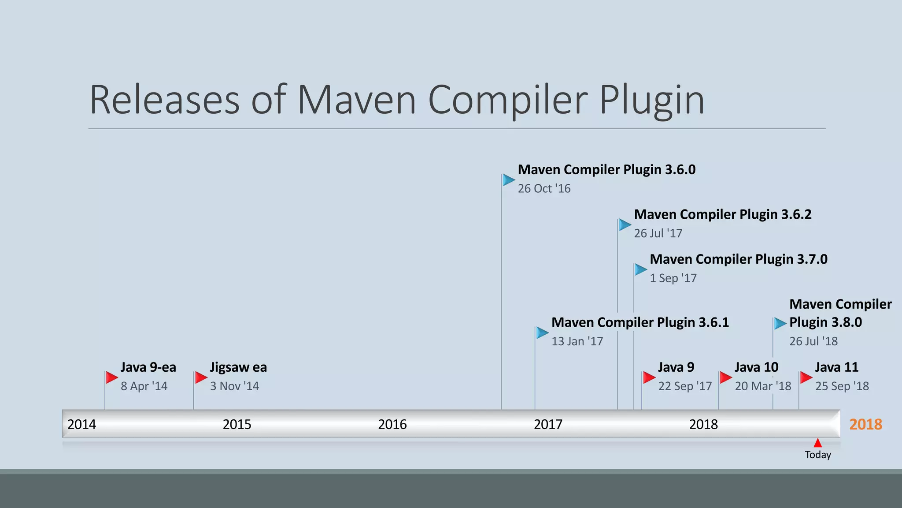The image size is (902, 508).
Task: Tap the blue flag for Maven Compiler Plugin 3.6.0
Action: pyautogui.click(x=509, y=179)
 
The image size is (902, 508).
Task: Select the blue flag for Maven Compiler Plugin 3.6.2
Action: pyautogui.click(x=625, y=224)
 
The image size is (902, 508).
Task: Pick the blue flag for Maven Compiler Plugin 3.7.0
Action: pyautogui.click(x=640, y=269)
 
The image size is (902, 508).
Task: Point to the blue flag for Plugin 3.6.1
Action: pyautogui.click(x=542, y=332)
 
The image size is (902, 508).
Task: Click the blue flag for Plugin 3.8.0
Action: pyautogui.click(x=780, y=323)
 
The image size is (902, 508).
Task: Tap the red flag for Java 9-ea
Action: pyautogui.click(x=111, y=377)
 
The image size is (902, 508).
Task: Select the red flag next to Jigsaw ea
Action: pyautogui.click(x=201, y=377)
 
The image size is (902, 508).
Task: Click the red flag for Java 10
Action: pyautogui.click(x=725, y=377)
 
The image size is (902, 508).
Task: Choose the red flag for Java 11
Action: pyautogui.click(x=806, y=377)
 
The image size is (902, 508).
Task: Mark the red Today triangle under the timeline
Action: pyautogui.click(x=818, y=443)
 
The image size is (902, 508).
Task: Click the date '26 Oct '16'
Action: pyautogui.click(x=544, y=189)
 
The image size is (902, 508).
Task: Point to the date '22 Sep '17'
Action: pyautogui.click(x=685, y=386)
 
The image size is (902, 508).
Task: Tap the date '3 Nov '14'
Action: pyautogui.click(x=234, y=386)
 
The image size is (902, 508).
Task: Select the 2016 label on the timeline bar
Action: pyautogui.click(x=392, y=424)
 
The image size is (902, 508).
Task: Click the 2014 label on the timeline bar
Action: pyautogui.click(x=81, y=424)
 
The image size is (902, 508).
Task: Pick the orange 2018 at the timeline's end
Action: pyautogui.click(x=865, y=424)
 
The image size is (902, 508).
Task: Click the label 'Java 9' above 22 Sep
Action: pyautogui.click(x=676, y=367)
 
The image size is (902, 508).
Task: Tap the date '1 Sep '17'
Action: pyautogui.click(x=673, y=278)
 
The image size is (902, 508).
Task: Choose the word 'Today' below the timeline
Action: pyautogui.click(x=818, y=455)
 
